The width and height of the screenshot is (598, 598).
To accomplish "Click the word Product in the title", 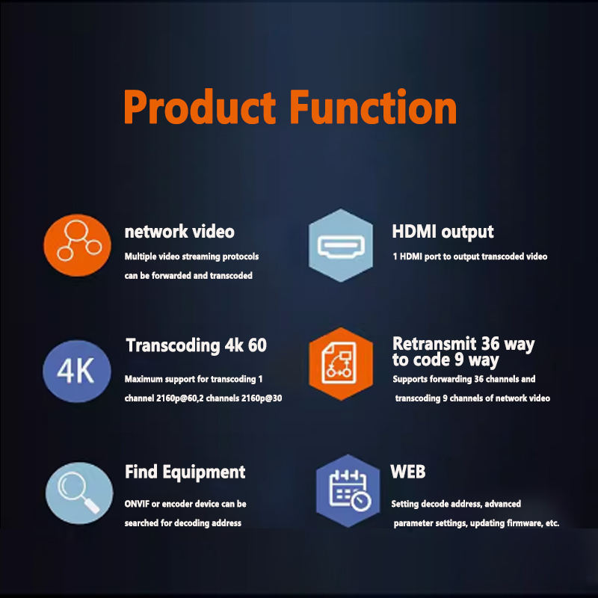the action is [200, 107].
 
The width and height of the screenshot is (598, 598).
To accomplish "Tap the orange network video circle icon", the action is [78, 245].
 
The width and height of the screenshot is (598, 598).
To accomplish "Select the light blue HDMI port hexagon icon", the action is [341, 245].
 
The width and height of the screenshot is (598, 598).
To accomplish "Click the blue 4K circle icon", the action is [77, 371].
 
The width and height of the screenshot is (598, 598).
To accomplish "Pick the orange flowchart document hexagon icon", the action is [341, 363].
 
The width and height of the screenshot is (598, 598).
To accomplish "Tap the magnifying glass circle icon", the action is [79, 493].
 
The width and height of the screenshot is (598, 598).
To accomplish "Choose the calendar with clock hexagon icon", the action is [348, 491].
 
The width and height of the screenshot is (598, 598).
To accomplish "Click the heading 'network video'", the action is [179, 232].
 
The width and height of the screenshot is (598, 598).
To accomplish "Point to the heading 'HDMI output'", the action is [443, 232].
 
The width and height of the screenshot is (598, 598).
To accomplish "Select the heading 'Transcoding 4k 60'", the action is [197, 345].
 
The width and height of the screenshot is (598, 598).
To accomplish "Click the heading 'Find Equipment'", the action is [185, 472].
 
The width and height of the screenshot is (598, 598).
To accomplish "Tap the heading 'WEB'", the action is [407, 472].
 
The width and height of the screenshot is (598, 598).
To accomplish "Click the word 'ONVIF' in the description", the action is [137, 504].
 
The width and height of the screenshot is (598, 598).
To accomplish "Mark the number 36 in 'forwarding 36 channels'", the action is [478, 379].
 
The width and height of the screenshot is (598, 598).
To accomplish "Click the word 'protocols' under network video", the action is [240, 256].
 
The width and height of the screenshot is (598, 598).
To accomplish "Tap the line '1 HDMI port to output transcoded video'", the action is [470, 256].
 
